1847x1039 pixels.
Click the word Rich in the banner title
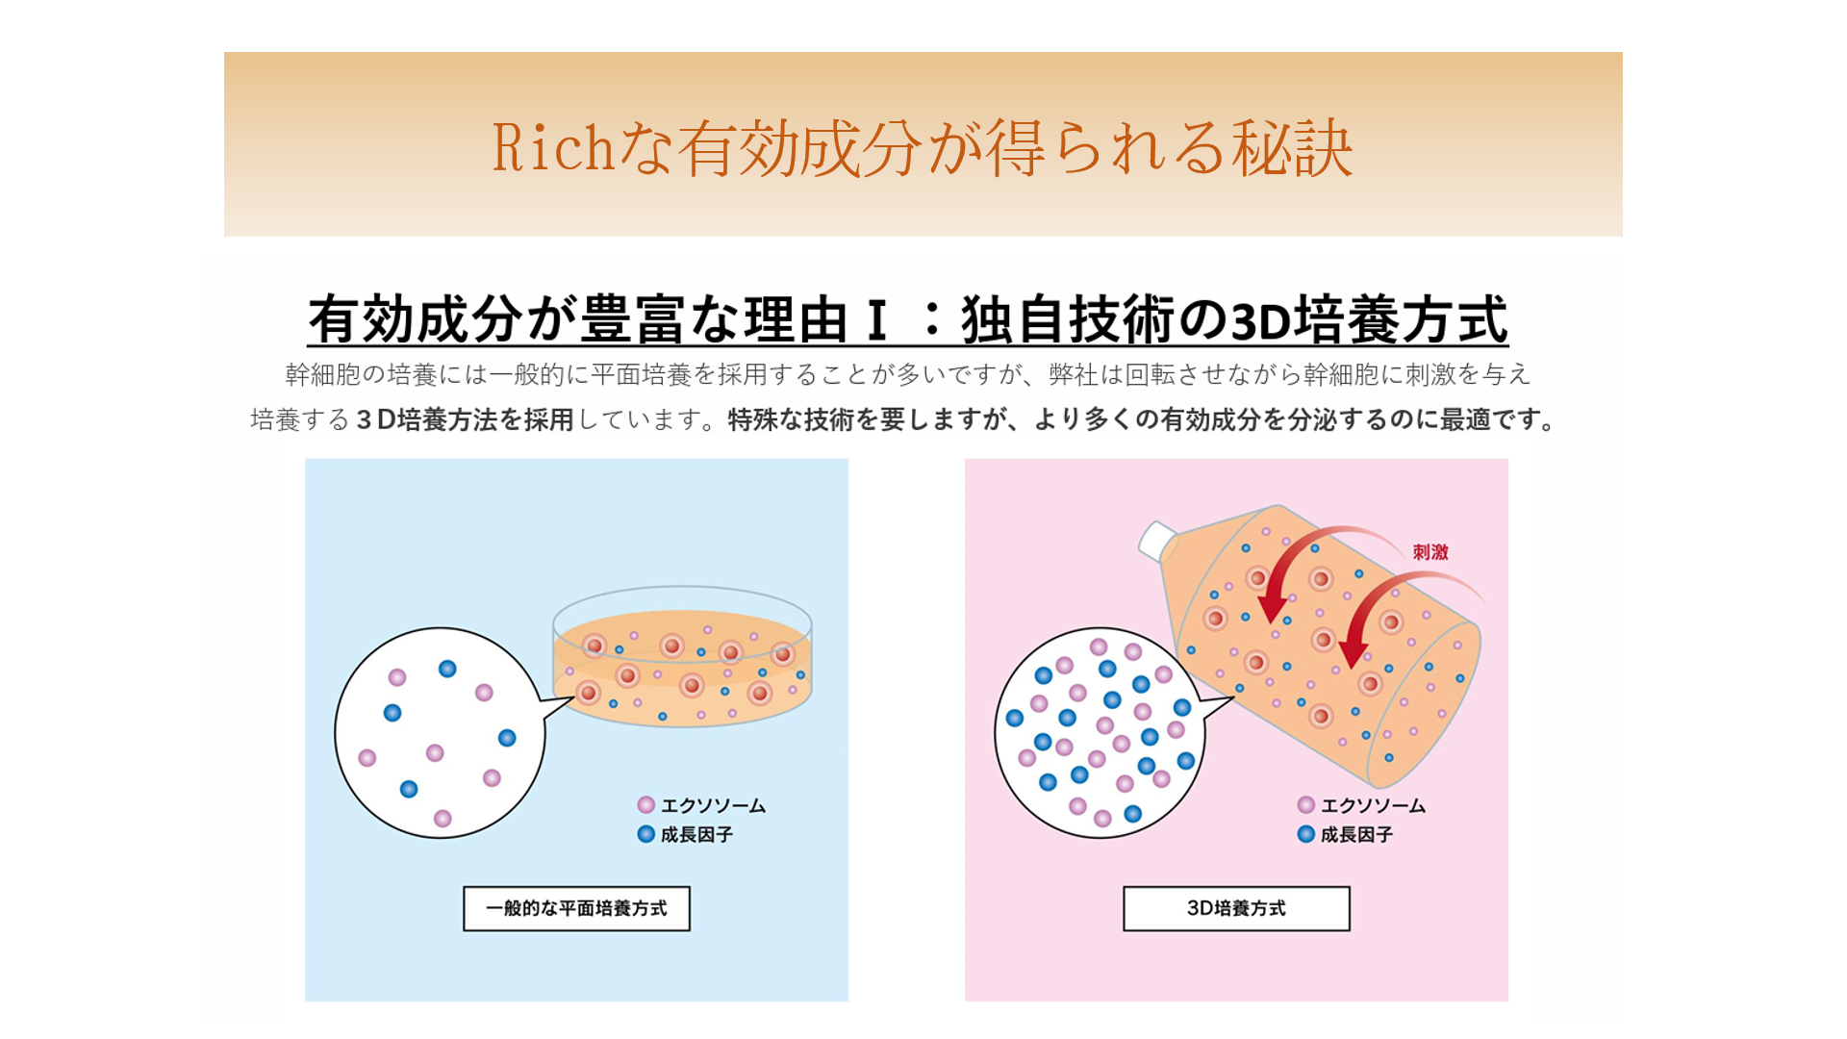pyautogui.click(x=553, y=148)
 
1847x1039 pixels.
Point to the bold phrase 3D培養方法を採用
pyautogui.click(x=465, y=419)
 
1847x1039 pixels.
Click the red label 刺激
pyautogui.click(x=1430, y=552)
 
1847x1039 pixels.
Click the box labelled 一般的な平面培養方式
pyautogui.click(x=576, y=908)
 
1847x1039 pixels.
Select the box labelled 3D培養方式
pyautogui.click(x=1236, y=908)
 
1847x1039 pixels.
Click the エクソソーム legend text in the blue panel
pyautogui.click(x=713, y=805)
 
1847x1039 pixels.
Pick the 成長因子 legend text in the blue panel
pyautogui.click(x=696, y=834)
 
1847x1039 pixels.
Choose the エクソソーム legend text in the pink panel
pyautogui.click(x=1373, y=805)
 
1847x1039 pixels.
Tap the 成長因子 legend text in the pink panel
pyautogui.click(x=1356, y=834)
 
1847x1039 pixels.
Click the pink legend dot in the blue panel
pyautogui.click(x=646, y=805)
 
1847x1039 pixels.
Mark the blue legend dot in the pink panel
pyautogui.click(x=1306, y=834)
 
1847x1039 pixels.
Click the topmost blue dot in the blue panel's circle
pyautogui.click(x=447, y=669)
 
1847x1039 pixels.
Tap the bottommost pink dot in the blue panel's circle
pyautogui.click(x=443, y=819)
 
